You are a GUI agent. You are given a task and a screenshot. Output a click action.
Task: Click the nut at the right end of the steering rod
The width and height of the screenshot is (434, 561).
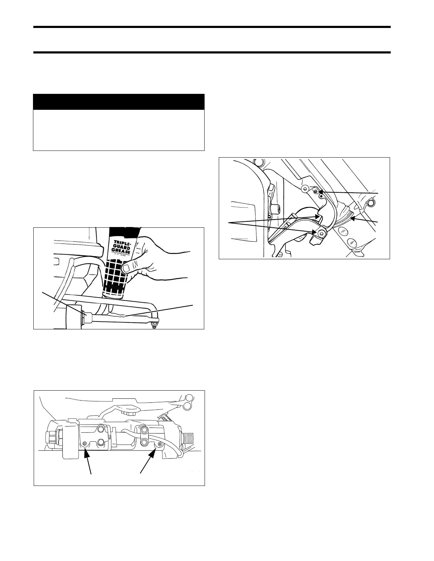pyautogui.click(x=154, y=323)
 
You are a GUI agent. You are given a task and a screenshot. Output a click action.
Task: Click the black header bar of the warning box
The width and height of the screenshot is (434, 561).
pyautogui.click(x=119, y=102)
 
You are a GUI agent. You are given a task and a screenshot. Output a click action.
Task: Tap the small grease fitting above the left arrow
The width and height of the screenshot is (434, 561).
pyautogui.click(x=84, y=443)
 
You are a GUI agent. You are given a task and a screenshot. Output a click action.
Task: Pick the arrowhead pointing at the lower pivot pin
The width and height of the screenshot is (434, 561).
pyautogui.click(x=315, y=232)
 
